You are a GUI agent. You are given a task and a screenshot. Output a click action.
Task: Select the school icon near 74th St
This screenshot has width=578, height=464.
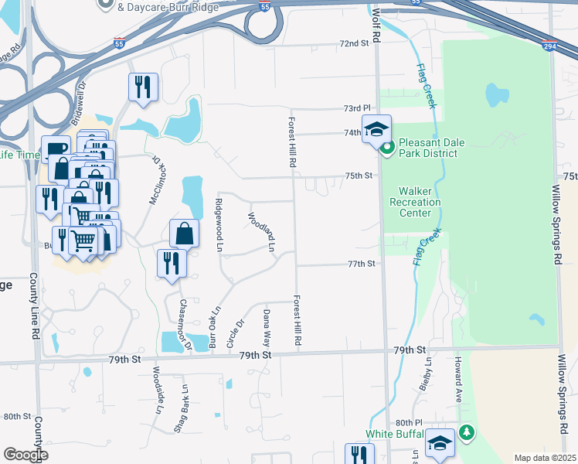[376, 130]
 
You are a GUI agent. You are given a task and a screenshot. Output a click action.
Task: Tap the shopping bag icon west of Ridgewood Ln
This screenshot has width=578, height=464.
[185, 234]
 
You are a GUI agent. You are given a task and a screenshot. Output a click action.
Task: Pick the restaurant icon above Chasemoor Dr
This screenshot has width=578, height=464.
[172, 264]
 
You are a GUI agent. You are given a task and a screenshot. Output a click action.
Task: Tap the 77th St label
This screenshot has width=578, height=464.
[361, 264]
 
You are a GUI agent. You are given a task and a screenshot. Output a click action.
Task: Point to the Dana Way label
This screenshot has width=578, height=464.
[266, 326]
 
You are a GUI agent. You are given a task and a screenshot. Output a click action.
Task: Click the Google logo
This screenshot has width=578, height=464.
[25, 455]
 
